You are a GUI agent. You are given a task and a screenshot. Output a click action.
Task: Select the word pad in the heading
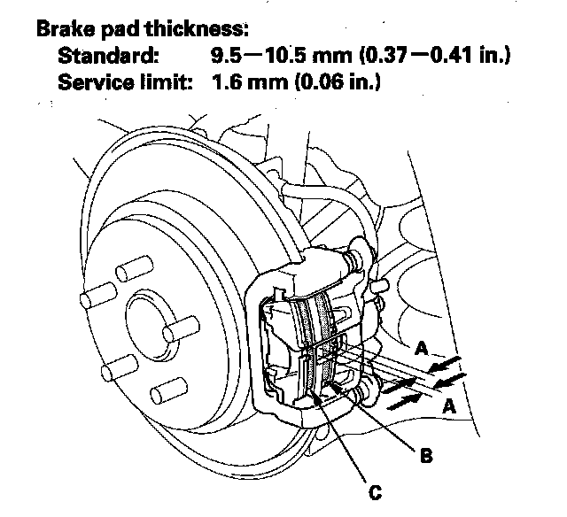click(117, 27)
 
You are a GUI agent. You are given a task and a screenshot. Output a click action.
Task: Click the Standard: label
click(109, 57)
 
